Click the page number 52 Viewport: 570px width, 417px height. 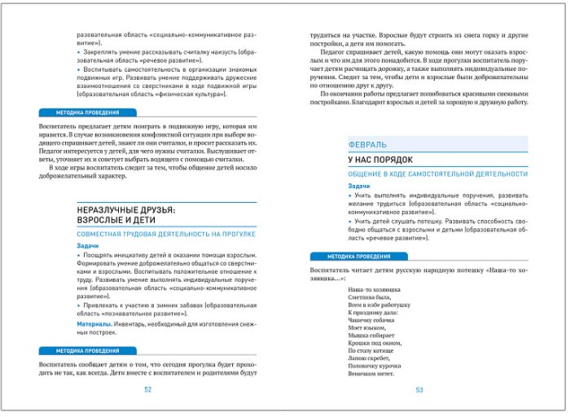[148, 389]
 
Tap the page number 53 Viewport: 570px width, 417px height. [420, 389]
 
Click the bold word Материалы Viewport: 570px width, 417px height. [94, 324]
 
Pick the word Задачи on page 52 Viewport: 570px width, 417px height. [89, 246]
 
